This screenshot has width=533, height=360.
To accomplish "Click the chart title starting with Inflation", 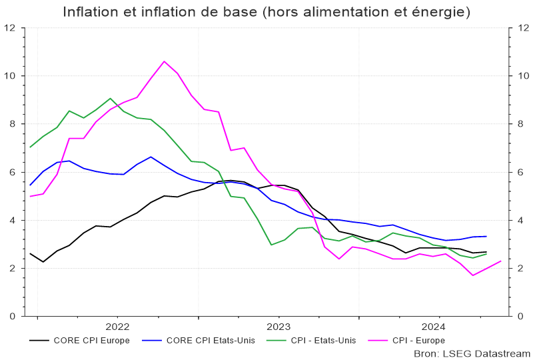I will tap(266, 12).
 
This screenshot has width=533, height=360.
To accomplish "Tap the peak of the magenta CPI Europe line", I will tap(164, 61).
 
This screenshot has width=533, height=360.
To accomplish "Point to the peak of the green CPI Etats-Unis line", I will tap(111, 98).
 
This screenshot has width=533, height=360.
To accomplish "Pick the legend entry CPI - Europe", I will tap(418, 340).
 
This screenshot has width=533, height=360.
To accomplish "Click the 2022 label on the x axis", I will tap(117, 326).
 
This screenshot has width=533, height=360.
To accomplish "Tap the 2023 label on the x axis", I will tap(278, 326).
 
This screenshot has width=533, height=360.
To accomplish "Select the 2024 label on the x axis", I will tap(434, 326).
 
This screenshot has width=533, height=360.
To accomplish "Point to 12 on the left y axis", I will tap(10, 28).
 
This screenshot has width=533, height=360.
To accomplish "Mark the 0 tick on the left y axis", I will tap(13, 317).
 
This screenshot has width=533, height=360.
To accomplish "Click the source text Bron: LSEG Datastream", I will tap(472, 353).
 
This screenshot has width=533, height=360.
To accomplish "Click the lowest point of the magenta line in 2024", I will tap(472, 275).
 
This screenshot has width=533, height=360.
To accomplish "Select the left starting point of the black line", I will tap(30, 253).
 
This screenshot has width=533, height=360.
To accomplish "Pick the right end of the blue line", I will tap(486, 236).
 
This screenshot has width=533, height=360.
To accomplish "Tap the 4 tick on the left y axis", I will tap(13, 221).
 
